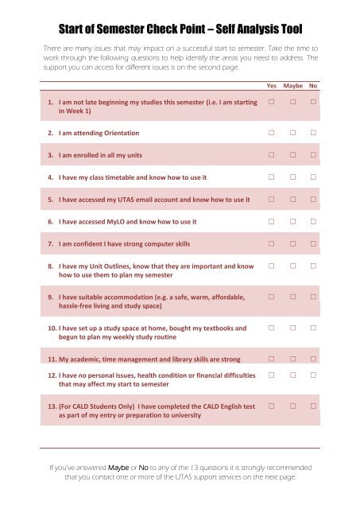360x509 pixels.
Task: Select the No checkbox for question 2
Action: (x=314, y=132)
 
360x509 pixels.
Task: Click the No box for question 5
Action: (x=314, y=199)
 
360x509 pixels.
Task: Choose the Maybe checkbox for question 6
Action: (x=293, y=221)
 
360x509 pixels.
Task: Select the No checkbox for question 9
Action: (x=314, y=297)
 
